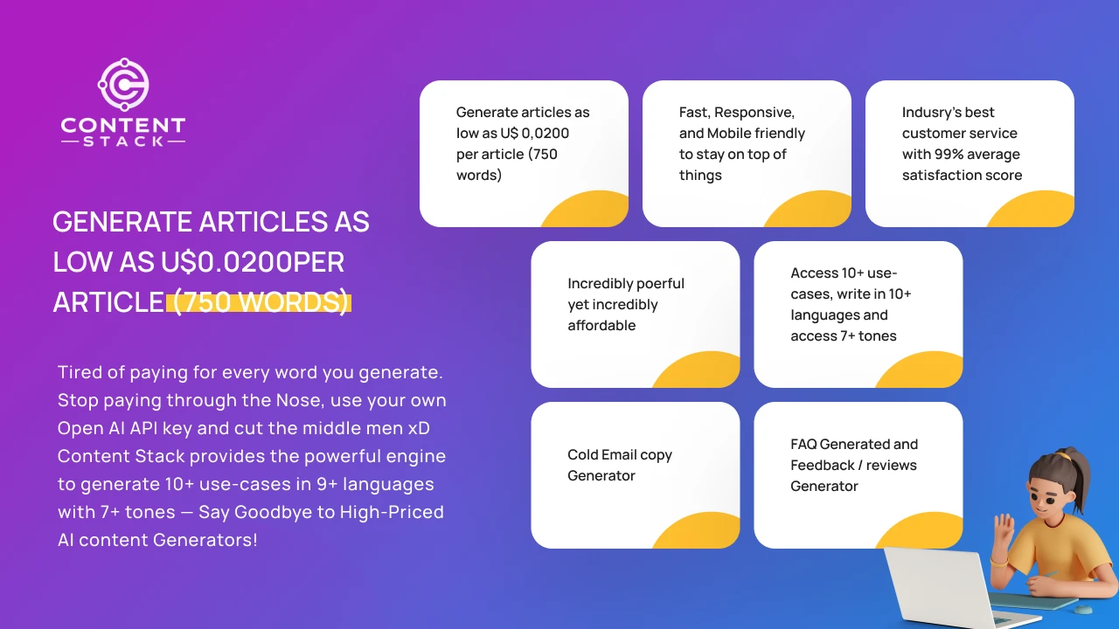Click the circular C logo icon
[123, 85]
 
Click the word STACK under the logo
[123, 142]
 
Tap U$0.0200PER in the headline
[253, 261]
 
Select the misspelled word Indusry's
[924, 113]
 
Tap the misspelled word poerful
[659, 284]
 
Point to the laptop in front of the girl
[935, 589]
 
